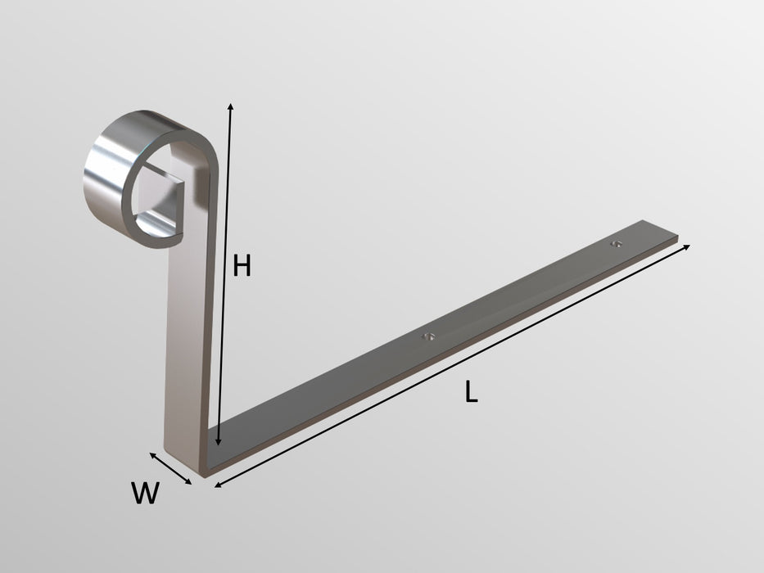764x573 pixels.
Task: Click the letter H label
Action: [x=241, y=266]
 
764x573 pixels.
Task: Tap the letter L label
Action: [x=470, y=393]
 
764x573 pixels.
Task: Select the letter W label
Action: [x=144, y=494]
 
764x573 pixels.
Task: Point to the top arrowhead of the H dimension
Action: [x=231, y=107]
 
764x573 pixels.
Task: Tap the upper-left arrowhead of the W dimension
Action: [x=152, y=454]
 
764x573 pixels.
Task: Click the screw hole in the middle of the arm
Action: [x=427, y=336]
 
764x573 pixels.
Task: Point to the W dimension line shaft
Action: [x=170, y=468]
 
